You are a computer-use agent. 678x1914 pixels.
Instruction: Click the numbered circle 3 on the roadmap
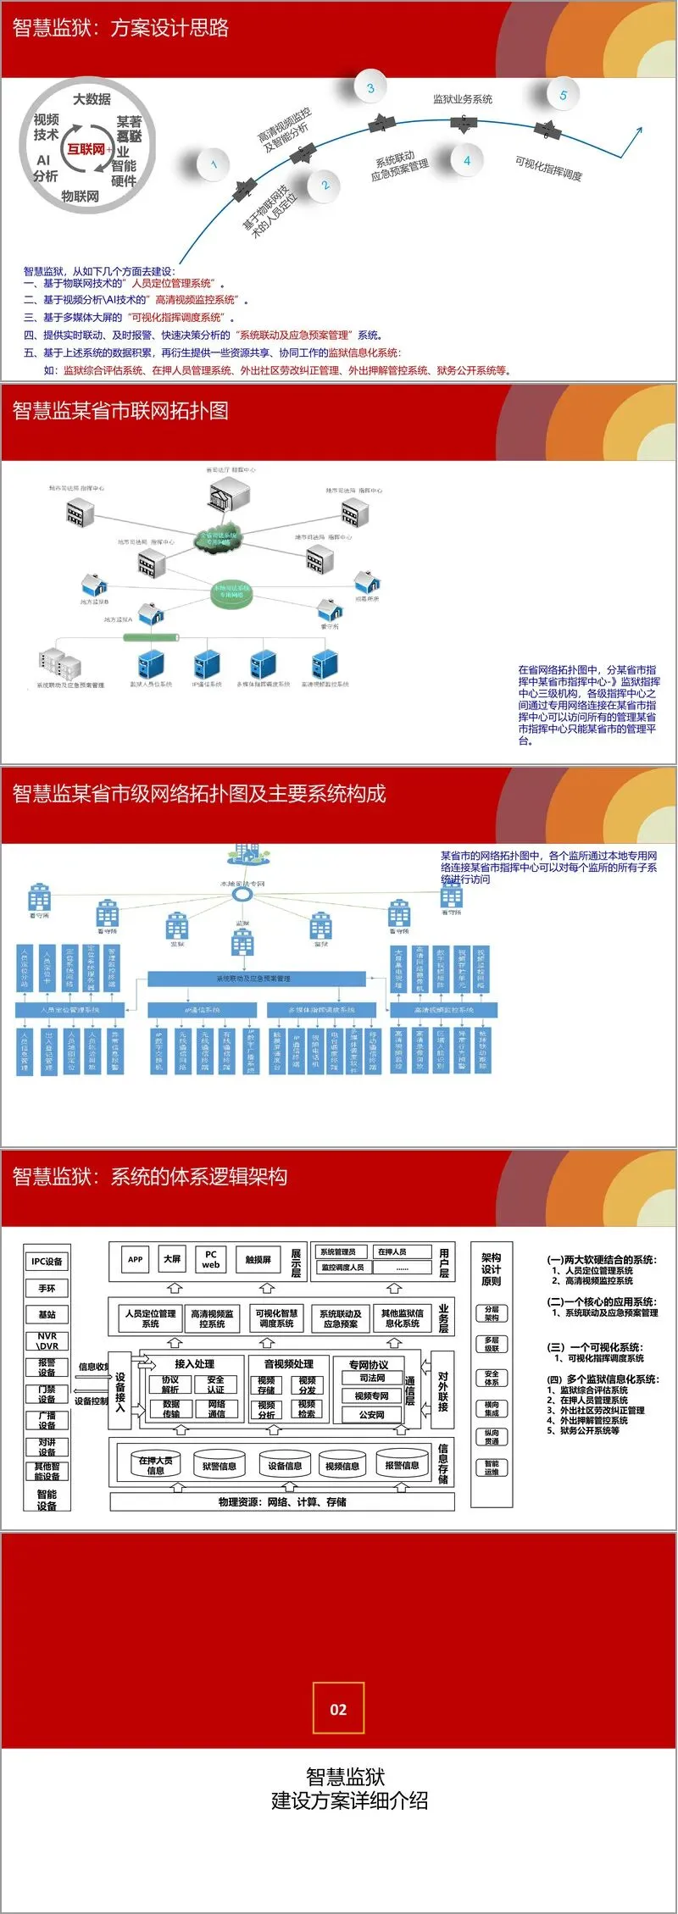click(370, 88)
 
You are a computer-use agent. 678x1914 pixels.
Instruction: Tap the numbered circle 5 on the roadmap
click(563, 95)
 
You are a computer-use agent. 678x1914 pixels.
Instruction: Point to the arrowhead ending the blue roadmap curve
click(636, 130)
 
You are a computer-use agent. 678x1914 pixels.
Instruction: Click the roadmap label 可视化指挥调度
click(548, 168)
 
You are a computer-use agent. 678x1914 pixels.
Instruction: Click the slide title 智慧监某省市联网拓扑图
click(120, 411)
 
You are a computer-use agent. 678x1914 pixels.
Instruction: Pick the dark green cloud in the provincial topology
click(219, 537)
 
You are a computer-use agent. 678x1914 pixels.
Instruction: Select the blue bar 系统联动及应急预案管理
click(256, 979)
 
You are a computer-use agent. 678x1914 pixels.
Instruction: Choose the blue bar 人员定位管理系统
click(70, 1010)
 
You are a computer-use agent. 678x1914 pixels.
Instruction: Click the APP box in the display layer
click(136, 1259)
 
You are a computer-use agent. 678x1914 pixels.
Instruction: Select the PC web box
click(211, 1259)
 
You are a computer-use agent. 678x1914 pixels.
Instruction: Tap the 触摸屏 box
click(258, 1259)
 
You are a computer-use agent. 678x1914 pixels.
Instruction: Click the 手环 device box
click(47, 1288)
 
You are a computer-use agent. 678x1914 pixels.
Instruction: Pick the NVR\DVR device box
click(47, 1340)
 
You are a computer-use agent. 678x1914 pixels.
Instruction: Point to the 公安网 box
click(372, 1414)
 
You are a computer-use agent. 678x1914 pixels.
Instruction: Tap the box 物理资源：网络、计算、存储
click(282, 1501)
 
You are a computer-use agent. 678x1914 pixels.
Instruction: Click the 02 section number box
click(338, 1709)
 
